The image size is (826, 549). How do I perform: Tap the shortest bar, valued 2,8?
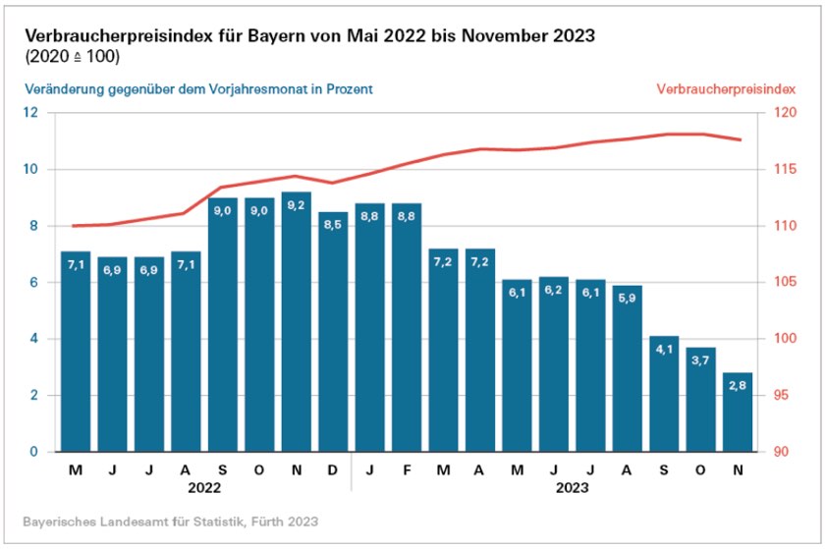[x=738, y=412]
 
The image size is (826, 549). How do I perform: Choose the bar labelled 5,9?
[x=628, y=368]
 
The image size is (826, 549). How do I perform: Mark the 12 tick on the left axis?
[x=36, y=113]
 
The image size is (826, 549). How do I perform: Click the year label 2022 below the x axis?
[x=204, y=486]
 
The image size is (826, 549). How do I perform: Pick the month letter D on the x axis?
[x=333, y=469]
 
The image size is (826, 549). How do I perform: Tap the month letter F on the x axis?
[x=407, y=469]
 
